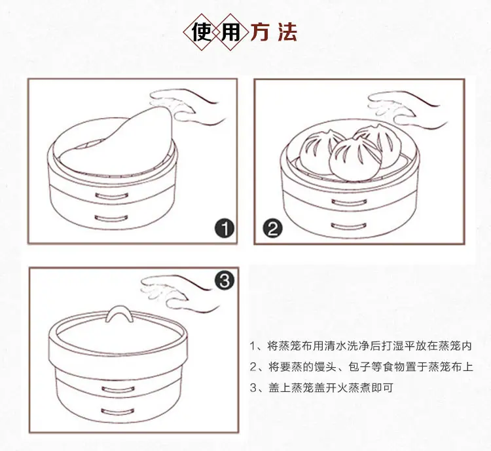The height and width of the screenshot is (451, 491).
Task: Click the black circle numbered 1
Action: click(225, 229)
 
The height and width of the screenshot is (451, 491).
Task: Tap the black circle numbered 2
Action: click(272, 229)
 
